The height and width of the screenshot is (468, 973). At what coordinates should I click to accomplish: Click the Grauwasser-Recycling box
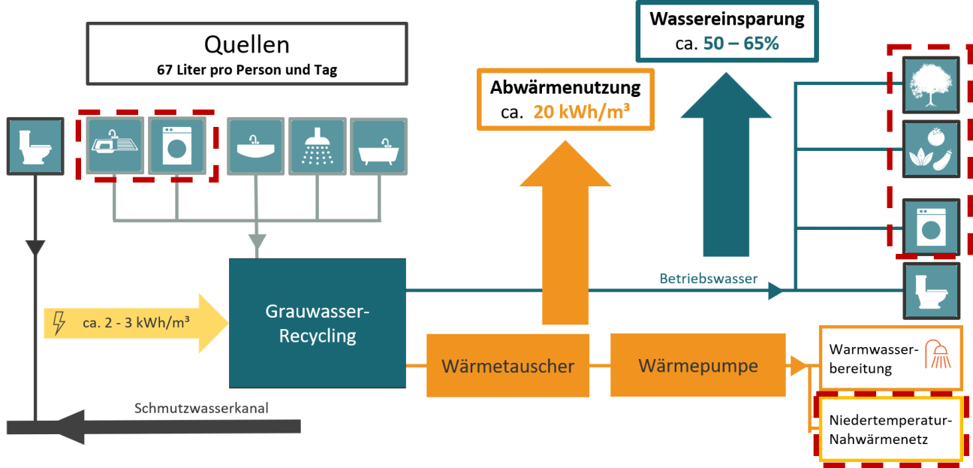click(317, 323)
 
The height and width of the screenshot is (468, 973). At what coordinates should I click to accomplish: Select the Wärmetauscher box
click(508, 366)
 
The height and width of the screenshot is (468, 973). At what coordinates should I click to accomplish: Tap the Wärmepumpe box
click(698, 366)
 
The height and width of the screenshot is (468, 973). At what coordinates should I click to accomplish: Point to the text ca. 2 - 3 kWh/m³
click(135, 324)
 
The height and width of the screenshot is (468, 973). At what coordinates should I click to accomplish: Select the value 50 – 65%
click(741, 44)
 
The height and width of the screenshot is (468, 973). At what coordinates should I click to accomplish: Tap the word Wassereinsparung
click(726, 18)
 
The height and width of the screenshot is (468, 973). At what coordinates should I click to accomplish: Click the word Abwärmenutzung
click(565, 87)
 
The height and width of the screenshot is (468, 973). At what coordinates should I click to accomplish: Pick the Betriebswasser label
click(709, 279)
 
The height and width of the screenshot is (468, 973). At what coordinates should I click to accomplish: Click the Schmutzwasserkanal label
click(201, 409)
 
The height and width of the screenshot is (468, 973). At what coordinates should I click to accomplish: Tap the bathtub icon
click(378, 146)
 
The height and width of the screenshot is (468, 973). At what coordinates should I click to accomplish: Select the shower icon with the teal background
click(318, 146)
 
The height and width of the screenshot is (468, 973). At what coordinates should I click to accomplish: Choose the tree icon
click(931, 83)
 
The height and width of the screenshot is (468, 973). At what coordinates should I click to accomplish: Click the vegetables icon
click(931, 149)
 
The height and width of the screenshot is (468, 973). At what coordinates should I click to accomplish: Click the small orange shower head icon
click(939, 353)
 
